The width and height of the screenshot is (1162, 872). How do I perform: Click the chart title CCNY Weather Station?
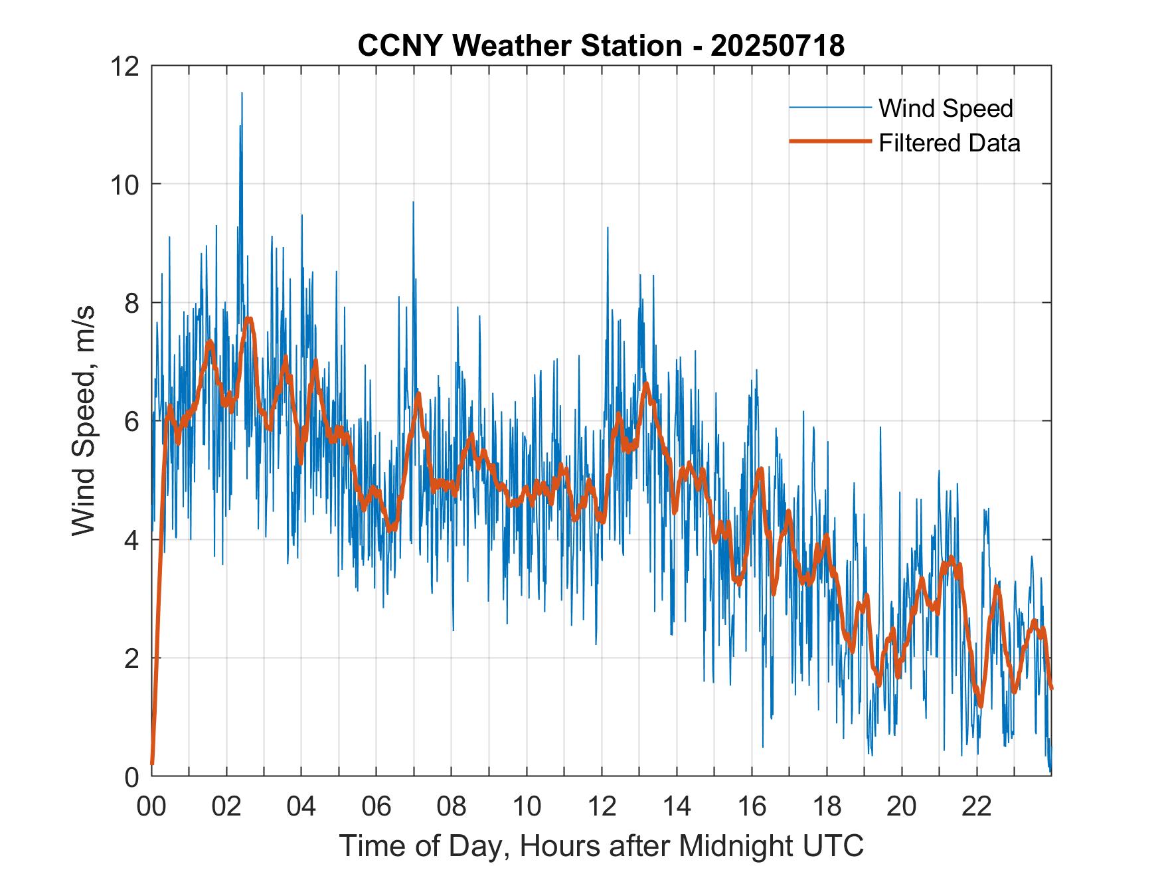click(519, 46)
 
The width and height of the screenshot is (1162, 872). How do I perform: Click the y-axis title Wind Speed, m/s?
click(84, 420)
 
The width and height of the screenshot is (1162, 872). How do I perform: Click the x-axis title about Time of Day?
click(601, 845)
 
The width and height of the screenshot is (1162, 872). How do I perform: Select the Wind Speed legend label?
click(946, 108)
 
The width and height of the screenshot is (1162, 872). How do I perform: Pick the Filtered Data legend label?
click(949, 143)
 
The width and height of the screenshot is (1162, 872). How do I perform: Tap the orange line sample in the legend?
click(830, 141)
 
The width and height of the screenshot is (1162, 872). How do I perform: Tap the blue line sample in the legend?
click(830, 108)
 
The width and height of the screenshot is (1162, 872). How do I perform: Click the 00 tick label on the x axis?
click(151, 806)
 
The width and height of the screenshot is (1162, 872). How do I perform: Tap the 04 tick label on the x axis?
click(301, 806)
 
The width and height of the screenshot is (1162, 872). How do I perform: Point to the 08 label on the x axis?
click(452, 806)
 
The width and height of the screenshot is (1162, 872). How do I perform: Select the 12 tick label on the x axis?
click(602, 806)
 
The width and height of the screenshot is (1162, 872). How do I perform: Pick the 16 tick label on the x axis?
click(752, 806)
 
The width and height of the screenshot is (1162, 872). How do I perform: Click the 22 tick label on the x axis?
click(977, 806)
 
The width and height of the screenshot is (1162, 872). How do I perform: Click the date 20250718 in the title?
click(778, 46)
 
